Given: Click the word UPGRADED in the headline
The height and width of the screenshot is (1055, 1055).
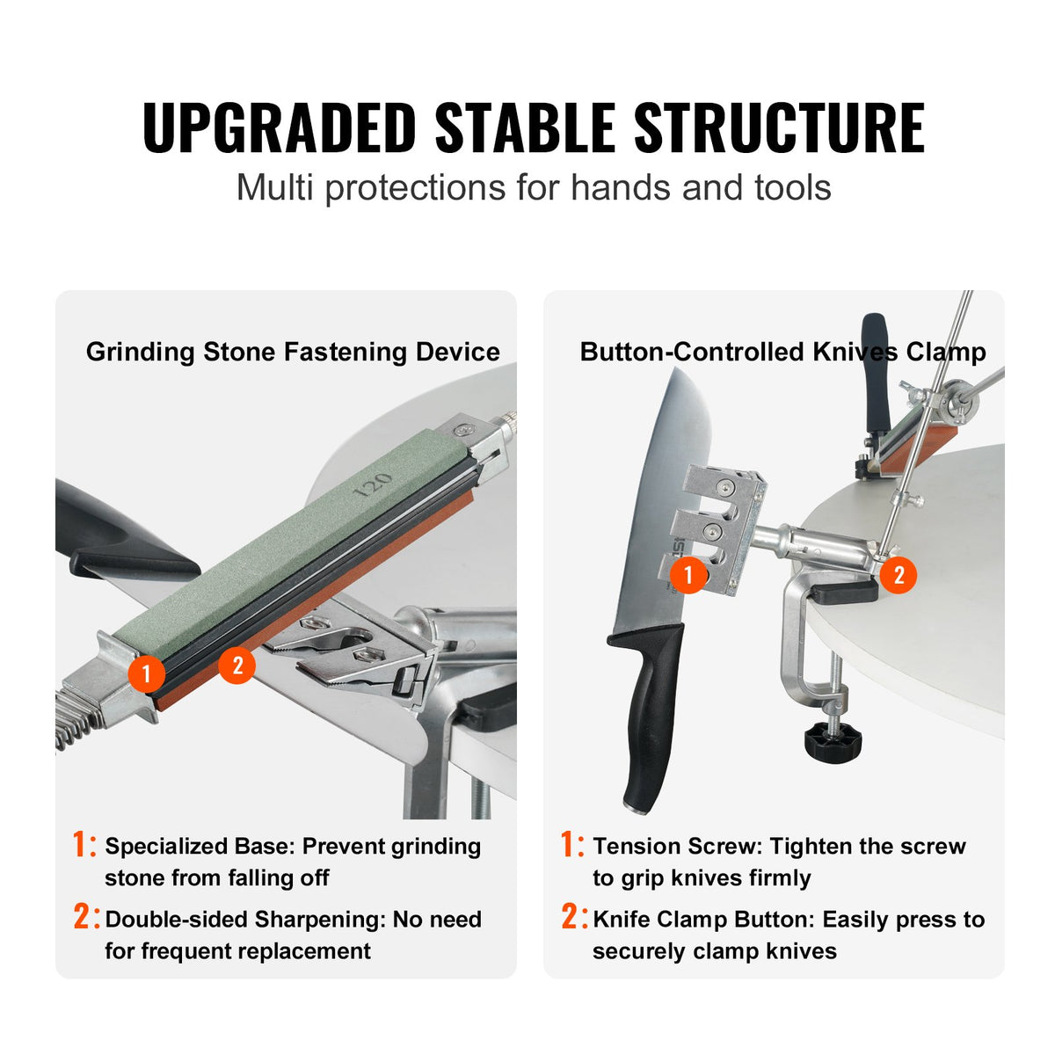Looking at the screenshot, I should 279,127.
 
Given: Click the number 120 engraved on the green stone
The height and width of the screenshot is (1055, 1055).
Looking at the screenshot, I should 372,484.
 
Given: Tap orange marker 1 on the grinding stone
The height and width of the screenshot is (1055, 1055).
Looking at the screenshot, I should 146,675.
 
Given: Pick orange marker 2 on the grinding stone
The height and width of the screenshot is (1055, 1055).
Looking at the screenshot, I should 236,664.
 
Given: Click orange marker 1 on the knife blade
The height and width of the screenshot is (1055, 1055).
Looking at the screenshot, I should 688,575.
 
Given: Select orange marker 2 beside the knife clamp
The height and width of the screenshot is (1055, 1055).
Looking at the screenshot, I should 899,575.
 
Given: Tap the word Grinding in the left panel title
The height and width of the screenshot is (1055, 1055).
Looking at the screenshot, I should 140,353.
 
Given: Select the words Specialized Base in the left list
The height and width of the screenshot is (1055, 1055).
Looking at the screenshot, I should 197,847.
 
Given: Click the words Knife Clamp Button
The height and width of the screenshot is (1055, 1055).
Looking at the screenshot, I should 703,920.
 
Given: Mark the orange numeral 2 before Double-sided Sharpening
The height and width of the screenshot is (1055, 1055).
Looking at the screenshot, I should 84,918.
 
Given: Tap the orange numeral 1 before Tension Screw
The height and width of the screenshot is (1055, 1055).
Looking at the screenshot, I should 571,846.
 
